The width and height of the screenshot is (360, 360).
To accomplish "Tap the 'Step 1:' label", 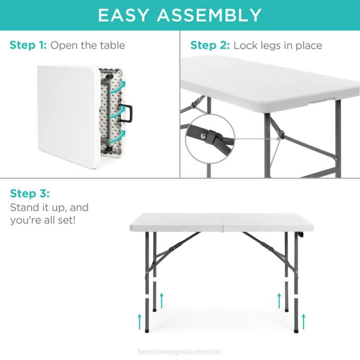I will coord(28,45).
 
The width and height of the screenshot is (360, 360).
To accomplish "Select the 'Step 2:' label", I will coord(210,45).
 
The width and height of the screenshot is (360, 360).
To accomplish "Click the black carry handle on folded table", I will coord(127,111).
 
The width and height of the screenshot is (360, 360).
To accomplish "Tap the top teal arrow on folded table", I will coord(121,86).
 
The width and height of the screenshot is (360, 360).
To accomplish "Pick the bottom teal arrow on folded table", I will coord(121,135).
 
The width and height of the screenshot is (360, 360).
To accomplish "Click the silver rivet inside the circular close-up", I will coord(205,136).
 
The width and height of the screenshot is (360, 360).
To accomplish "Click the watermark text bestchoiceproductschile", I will coord(179,352).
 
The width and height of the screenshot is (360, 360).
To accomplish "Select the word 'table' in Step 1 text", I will coord(111,45).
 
